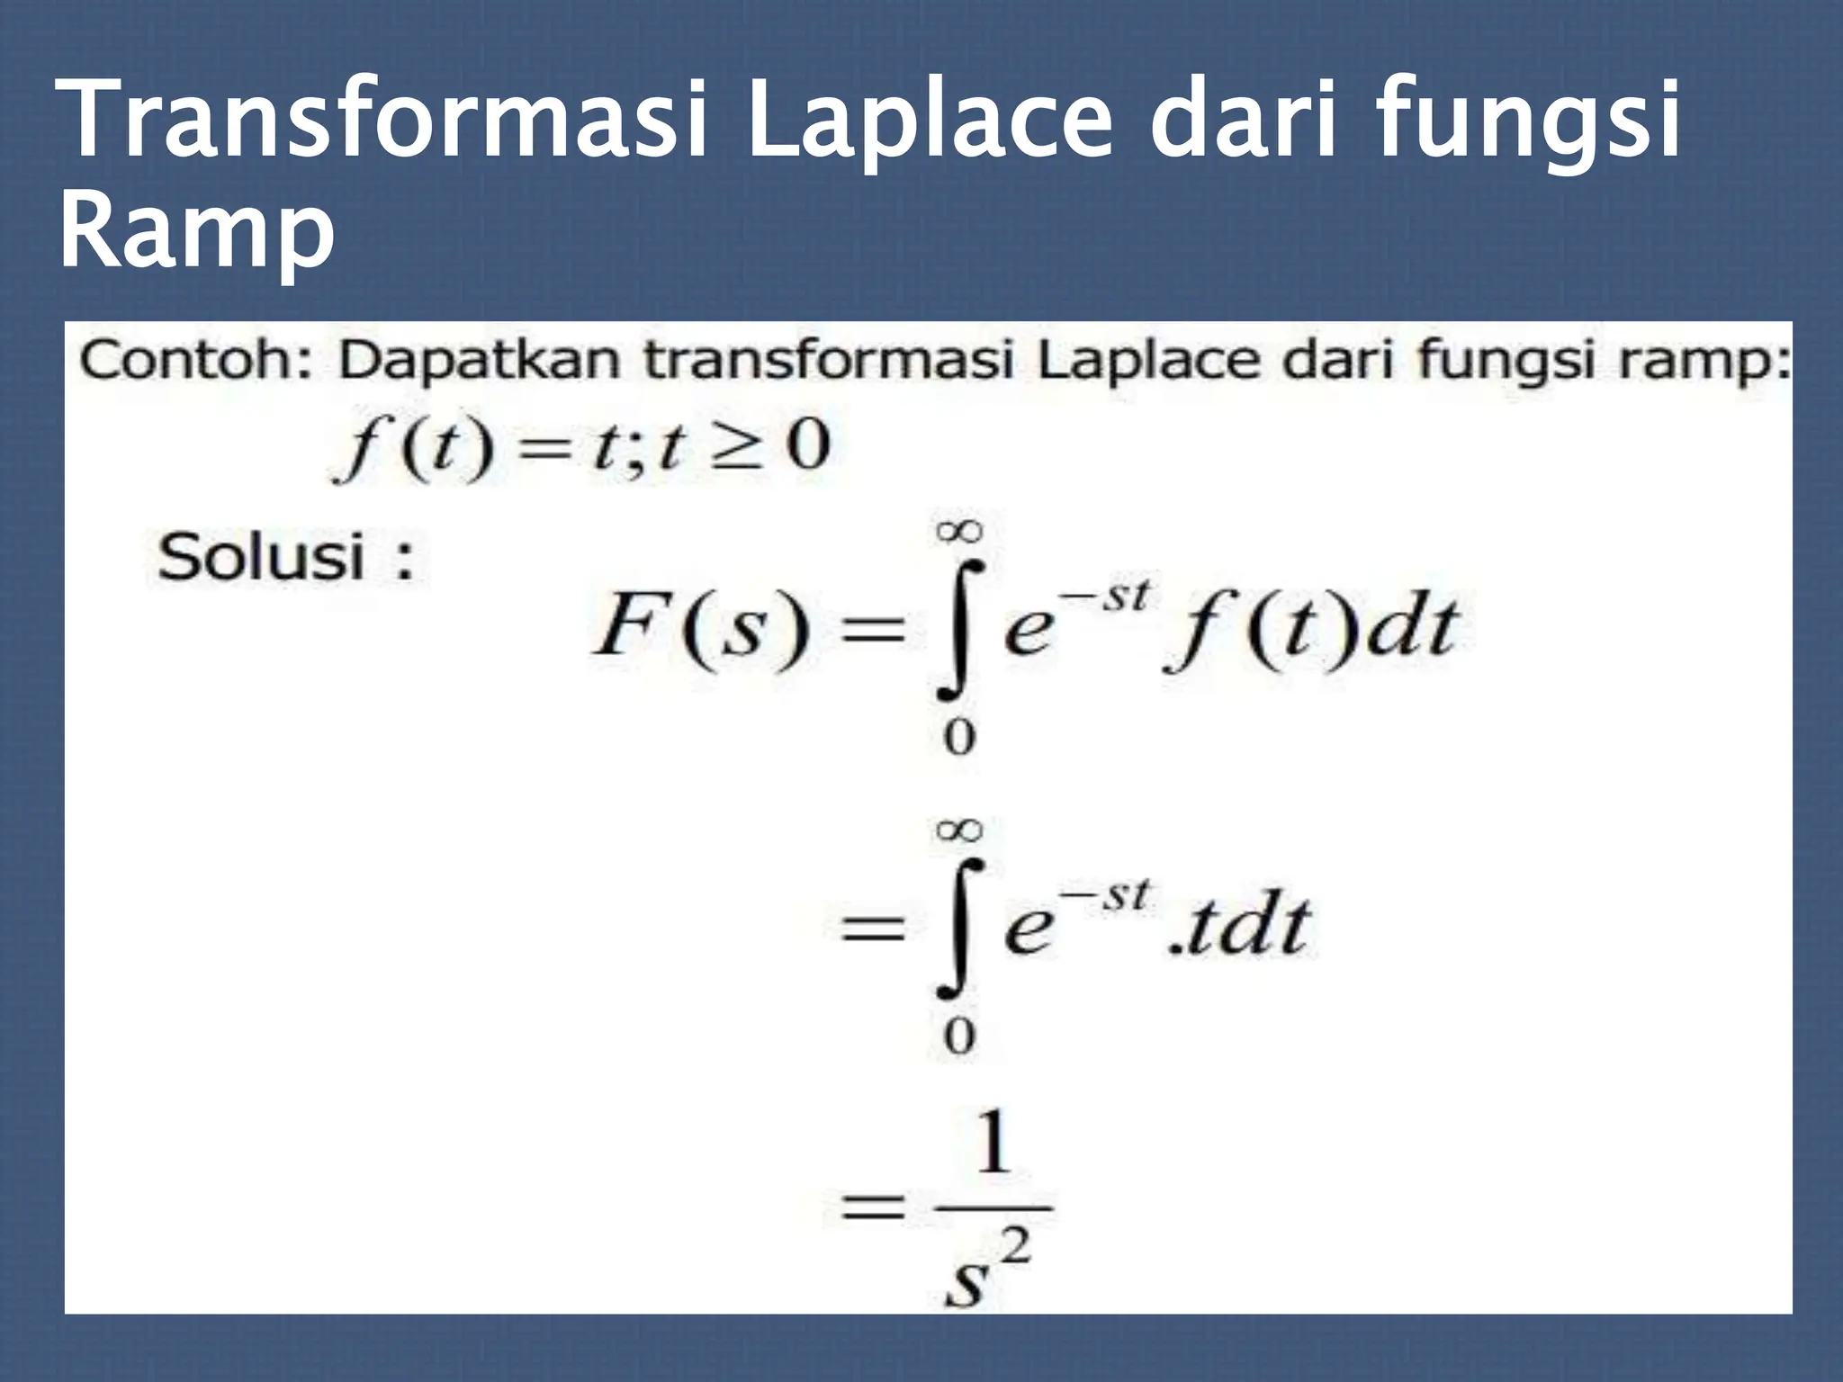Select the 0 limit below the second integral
tap(959, 1037)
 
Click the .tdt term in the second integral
tap(1236, 927)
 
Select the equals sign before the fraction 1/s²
tap(871, 1207)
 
